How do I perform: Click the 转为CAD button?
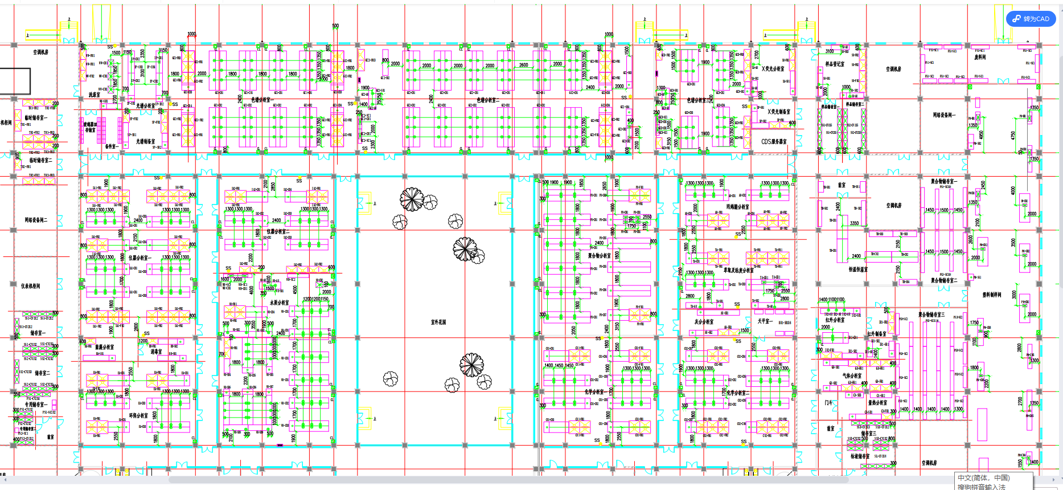tap(1031, 19)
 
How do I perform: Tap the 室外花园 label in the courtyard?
tap(438, 322)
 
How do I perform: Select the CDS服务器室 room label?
tap(774, 141)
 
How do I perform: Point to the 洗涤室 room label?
tap(94, 95)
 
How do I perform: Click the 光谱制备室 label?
tap(145, 141)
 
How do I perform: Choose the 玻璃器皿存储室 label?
tap(91, 127)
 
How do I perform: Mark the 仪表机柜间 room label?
tap(31, 286)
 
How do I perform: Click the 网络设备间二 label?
tap(36, 219)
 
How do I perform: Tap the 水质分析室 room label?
tap(279, 303)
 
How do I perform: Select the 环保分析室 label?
tap(138, 415)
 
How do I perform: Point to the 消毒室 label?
tap(157, 352)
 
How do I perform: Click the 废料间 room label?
tap(980, 57)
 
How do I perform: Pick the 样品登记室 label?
tap(835, 64)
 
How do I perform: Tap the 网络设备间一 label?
tap(944, 115)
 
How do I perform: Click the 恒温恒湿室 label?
tap(858, 269)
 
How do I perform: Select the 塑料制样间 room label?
tap(992, 295)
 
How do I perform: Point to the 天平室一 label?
tap(765, 321)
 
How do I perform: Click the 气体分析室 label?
tap(852, 375)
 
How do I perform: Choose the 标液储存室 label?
tap(860, 456)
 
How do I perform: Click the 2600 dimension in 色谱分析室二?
tap(523, 65)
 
